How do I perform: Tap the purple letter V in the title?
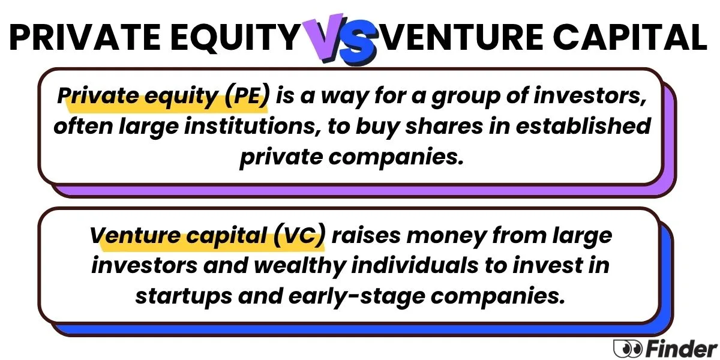tap(324, 38)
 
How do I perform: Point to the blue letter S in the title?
tap(358, 43)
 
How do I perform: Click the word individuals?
tap(415, 265)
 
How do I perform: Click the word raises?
tap(366, 236)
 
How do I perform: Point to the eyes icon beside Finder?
tap(628, 349)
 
